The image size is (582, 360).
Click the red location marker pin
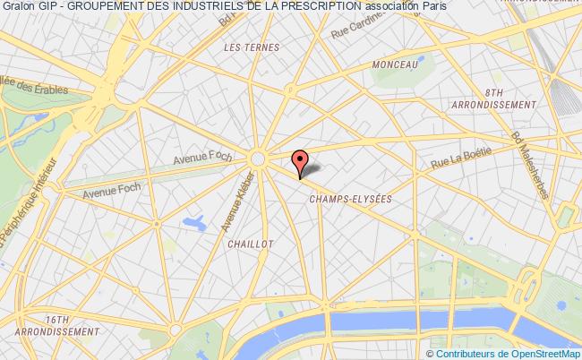(x=301, y=159)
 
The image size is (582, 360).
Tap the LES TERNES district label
(x=252, y=47)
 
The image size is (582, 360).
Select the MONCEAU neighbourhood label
(x=395, y=65)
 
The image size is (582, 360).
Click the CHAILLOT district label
(x=250, y=243)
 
